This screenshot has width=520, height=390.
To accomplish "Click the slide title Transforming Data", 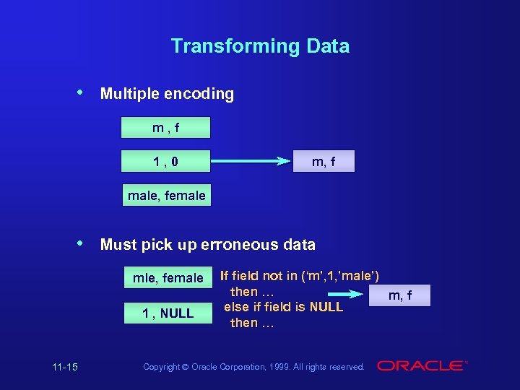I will click(x=260, y=46).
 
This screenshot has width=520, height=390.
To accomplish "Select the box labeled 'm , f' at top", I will click(x=166, y=128).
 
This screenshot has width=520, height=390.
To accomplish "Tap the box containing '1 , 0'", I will click(x=166, y=162).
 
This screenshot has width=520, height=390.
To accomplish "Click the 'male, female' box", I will click(x=166, y=195).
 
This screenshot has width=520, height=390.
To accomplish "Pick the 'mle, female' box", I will click(x=168, y=278).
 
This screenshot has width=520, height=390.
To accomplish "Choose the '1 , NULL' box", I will click(x=168, y=313).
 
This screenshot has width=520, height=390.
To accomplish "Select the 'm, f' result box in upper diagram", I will click(x=323, y=162).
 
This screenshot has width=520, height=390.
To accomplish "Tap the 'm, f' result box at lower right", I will click(x=400, y=295).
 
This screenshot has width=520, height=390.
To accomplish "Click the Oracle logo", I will click(x=422, y=366).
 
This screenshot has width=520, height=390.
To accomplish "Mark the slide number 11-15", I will click(x=65, y=367).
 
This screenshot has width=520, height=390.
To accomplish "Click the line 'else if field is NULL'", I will click(x=283, y=307).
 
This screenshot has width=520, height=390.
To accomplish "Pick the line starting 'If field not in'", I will click(x=300, y=275).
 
